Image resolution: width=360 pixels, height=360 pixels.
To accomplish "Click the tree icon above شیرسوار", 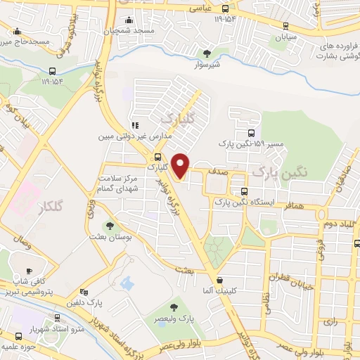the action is click(206, 53).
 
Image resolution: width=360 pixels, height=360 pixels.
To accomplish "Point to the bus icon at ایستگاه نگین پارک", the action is click(243, 191).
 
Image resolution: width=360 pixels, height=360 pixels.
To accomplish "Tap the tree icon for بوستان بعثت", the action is click(110, 226).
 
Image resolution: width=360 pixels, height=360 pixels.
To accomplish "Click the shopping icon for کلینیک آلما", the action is click(220, 280).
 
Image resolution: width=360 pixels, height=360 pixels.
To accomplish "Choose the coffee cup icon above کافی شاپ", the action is click(29, 271).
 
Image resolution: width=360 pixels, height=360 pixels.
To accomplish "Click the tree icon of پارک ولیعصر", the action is click(173, 307).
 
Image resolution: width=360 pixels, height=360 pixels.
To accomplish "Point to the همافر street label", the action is click(295, 205).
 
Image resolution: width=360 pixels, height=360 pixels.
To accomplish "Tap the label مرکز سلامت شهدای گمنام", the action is click(117, 186).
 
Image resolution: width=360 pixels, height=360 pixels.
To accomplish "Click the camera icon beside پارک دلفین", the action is click(84, 292).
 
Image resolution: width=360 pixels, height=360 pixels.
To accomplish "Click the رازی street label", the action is click(330, 321).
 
